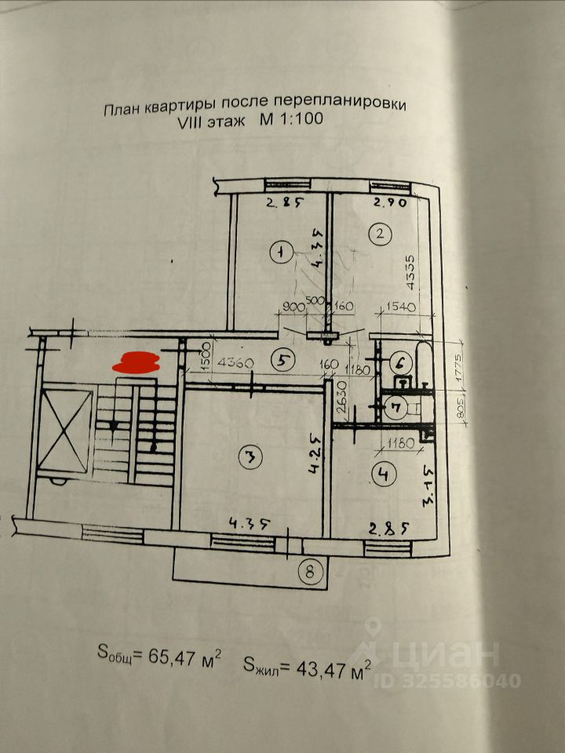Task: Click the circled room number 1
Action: (x=279, y=252)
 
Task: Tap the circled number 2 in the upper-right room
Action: (x=380, y=233)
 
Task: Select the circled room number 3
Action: (x=250, y=458)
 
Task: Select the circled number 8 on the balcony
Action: (x=311, y=571)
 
